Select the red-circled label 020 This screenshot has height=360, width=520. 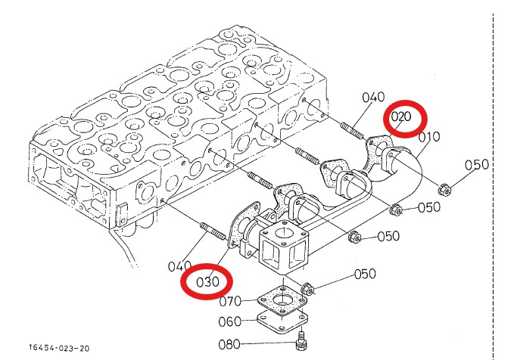click(x=400, y=117)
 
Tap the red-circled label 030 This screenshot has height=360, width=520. click(x=207, y=281)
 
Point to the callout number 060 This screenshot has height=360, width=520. click(x=230, y=321)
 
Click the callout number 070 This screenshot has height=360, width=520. click(x=230, y=302)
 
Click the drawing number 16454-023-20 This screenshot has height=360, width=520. click(x=59, y=348)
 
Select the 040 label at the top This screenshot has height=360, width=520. click(x=374, y=98)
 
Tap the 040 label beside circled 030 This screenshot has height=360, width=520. click(x=180, y=265)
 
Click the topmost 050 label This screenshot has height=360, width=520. click(x=477, y=165)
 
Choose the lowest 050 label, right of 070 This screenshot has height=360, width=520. click(x=365, y=274)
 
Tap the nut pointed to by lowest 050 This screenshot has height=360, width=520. click(x=308, y=287)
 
